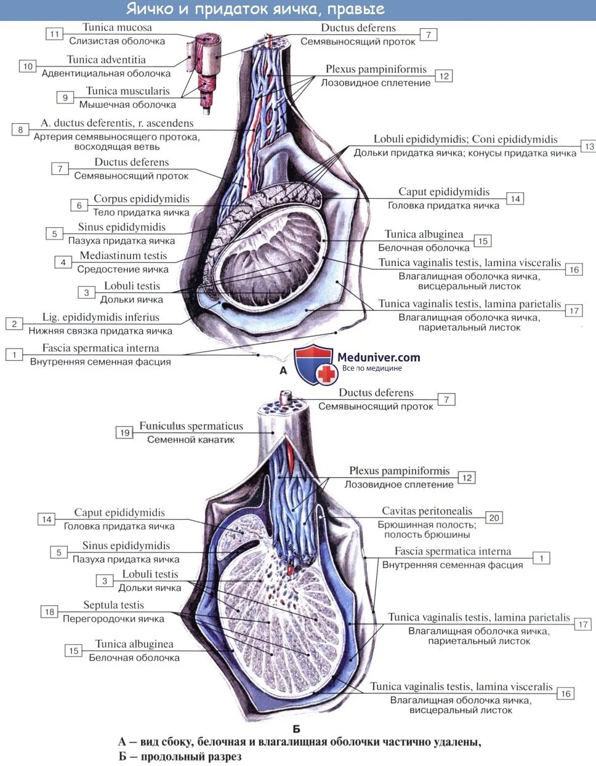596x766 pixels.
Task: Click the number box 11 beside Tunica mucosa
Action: [x=55, y=34]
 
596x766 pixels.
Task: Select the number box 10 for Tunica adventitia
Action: [x=28, y=67]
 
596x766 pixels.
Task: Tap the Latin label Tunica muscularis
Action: [x=127, y=91]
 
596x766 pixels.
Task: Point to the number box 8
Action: [x=20, y=129]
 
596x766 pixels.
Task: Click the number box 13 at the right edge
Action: [x=589, y=146]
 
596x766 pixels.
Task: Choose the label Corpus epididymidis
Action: [x=141, y=199]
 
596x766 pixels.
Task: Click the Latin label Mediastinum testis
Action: [x=123, y=256]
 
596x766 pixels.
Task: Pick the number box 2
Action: [x=14, y=323]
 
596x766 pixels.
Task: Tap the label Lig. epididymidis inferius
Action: [x=100, y=317]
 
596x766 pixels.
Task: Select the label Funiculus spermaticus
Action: [x=191, y=426]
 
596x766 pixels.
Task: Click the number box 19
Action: [x=125, y=432]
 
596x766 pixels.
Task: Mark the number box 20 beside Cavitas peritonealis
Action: [x=494, y=517]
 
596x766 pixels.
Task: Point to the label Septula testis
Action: [x=113, y=605]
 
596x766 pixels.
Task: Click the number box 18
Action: [x=49, y=611]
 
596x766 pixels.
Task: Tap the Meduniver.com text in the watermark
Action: [x=379, y=357]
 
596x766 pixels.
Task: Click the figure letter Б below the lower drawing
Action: [x=296, y=729]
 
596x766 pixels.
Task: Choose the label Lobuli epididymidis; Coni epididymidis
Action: [x=465, y=139]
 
